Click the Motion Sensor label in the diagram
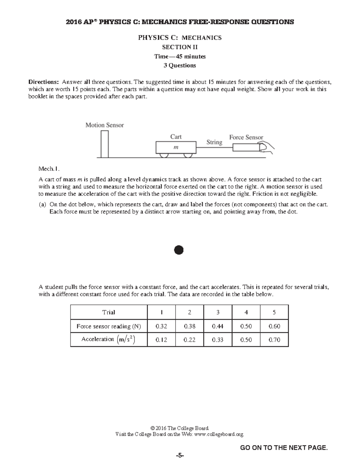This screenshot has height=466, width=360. tap(104, 125)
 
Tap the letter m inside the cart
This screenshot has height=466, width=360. tap(176, 147)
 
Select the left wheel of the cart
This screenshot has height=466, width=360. tap(164, 155)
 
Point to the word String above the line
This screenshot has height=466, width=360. tap(214, 142)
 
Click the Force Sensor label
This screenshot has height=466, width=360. tap(246, 137)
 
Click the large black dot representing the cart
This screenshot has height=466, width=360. tap(178, 250)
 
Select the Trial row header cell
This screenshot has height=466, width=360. tap(109, 312)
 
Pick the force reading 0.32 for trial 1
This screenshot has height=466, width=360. tap(161, 326)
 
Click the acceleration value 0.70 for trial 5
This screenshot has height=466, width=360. tap(274, 340)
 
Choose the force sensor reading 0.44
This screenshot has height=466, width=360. tap(217, 326)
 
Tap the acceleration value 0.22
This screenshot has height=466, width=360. tap(189, 340)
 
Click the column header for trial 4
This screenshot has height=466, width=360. tap(246, 312)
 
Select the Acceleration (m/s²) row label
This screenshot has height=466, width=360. tap(109, 339)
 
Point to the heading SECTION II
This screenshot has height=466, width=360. tap(180, 47)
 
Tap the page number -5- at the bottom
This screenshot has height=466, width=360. tap(180, 456)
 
